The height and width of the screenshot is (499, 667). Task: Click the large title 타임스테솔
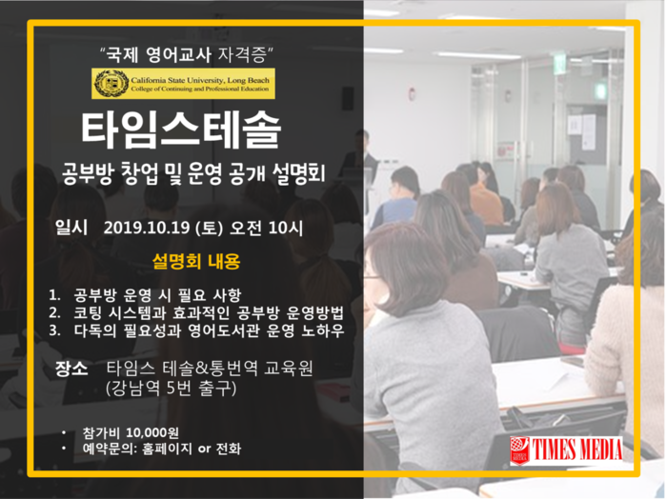pyautogui.click(x=181, y=130)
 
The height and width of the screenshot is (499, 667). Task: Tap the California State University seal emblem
pyautogui.click(x=111, y=83)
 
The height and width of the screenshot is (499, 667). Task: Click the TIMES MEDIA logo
pyautogui.click(x=566, y=450)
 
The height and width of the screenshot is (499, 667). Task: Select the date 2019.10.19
pyautogui.click(x=147, y=229)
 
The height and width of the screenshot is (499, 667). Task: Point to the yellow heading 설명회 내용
pyautogui.click(x=196, y=261)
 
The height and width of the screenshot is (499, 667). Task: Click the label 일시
pyautogui.click(x=71, y=228)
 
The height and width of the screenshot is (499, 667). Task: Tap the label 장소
pyautogui.click(x=71, y=369)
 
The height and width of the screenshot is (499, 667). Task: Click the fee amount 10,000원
pyautogui.click(x=152, y=432)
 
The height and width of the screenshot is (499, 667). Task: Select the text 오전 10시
pyautogui.click(x=266, y=229)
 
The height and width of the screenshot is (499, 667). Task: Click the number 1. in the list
pyautogui.click(x=54, y=294)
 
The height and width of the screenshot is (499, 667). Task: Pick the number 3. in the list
pyautogui.click(x=54, y=330)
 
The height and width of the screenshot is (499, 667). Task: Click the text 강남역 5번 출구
pyautogui.click(x=171, y=389)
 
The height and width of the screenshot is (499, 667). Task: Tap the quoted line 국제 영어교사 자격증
pyautogui.click(x=187, y=55)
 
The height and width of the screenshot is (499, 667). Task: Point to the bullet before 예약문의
pyautogui.click(x=64, y=449)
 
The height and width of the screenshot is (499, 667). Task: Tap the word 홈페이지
pyautogui.click(x=167, y=449)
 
